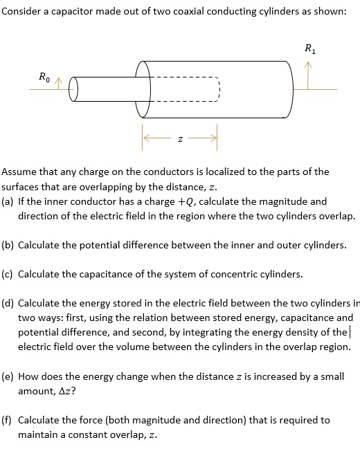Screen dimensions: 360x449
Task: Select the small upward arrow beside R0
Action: coord(60,83)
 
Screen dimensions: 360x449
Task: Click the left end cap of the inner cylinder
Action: coord(75,91)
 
